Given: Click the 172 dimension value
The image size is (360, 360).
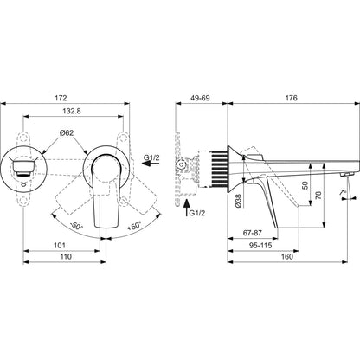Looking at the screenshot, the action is tap(61, 98).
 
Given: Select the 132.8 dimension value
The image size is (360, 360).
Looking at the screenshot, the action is tap(72, 111).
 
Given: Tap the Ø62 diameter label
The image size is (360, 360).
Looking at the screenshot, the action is tap(67, 133).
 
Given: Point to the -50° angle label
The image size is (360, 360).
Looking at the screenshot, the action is tap(76, 226).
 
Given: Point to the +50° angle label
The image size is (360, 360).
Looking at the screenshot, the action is tap(135, 225).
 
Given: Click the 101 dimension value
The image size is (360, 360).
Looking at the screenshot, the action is tap(60, 246).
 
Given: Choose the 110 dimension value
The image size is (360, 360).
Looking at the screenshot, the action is tap(66, 256).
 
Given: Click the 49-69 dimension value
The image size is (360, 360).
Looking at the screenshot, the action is tap(200, 98).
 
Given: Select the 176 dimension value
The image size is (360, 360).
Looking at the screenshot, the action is tap(292, 98).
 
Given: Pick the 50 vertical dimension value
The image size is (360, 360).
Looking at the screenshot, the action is tap(305, 185).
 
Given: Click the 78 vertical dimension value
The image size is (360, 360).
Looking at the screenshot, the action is tap(318, 196).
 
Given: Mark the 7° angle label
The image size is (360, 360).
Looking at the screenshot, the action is tap(343, 192).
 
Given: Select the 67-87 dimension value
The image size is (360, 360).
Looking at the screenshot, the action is tap(253, 233).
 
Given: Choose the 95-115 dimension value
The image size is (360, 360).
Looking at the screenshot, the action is tap(260, 246).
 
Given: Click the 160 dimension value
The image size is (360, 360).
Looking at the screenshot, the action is tap(286, 256).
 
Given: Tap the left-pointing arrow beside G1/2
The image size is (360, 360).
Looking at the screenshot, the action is tap(151, 164).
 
